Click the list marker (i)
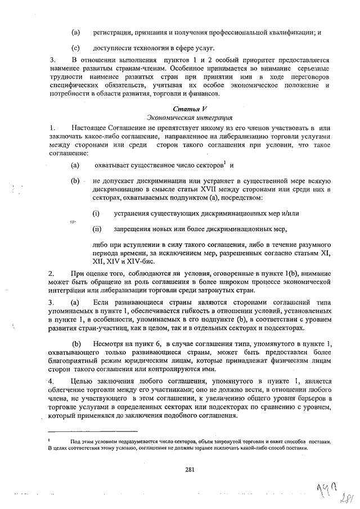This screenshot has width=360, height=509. tap(96, 214)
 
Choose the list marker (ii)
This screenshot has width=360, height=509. tap(97, 229)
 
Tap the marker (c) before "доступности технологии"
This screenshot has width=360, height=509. tap(75, 49)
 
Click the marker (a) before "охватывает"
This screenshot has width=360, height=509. tap(75, 166)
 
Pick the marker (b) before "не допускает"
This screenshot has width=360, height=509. tap(75, 181)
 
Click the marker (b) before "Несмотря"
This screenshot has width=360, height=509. tap(76, 344)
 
